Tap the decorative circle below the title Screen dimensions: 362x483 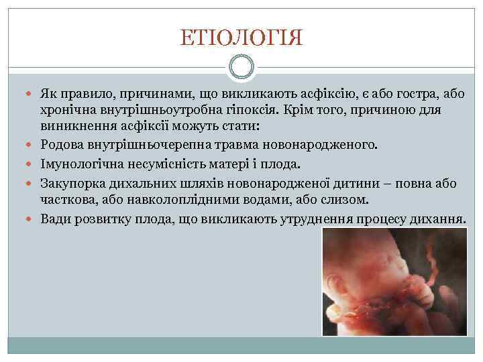point(241,67)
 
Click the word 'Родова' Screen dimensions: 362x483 point(61,144)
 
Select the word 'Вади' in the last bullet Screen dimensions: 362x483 point(54,219)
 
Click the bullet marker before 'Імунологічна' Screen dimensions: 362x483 point(31,164)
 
